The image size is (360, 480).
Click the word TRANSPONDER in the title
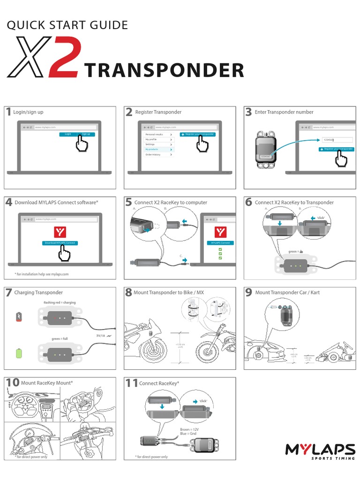coord(164,70)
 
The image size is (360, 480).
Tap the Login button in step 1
coord(68,134)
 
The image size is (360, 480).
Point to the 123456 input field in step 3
coord(337,140)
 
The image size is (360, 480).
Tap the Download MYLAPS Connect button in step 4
coord(60,243)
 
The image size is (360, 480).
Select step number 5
coord(128,202)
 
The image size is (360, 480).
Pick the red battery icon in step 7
coord(19,317)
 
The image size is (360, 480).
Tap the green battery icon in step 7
coord(19,352)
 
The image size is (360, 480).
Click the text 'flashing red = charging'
coord(60,302)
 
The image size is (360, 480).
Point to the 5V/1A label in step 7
coord(101,336)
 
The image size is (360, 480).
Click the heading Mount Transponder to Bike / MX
coord(169,292)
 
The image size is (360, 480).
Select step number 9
coord(248,292)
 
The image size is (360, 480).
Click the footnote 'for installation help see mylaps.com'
coord(42,274)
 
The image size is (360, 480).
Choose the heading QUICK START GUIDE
coord(67,25)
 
